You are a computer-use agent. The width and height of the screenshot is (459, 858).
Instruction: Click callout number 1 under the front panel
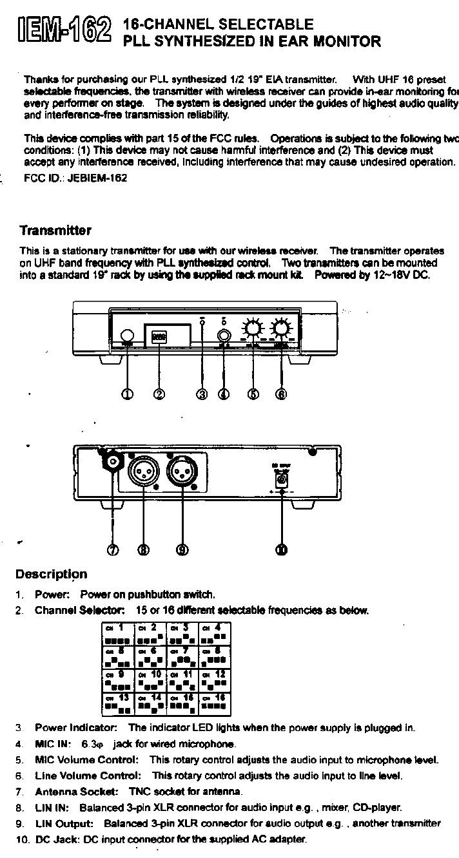pyautogui.click(x=128, y=394)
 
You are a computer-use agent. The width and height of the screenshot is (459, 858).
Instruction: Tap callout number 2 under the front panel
pyautogui.click(x=159, y=394)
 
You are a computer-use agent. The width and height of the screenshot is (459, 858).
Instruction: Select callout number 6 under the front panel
pyautogui.click(x=281, y=394)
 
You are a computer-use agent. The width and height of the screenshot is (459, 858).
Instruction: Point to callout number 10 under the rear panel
pyautogui.click(x=282, y=549)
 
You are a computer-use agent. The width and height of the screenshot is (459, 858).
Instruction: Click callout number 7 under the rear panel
pyautogui.click(x=113, y=549)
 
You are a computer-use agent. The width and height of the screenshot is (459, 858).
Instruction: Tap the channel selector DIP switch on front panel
pyautogui.click(x=159, y=336)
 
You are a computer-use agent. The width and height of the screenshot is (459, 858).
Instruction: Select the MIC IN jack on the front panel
pyautogui.click(x=224, y=336)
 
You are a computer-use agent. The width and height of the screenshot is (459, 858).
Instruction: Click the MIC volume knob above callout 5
pyautogui.click(x=253, y=329)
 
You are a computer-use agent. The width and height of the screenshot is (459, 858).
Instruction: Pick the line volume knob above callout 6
pyautogui.click(x=281, y=329)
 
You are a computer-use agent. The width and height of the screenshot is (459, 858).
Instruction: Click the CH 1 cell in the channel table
pyautogui.click(x=118, y=634)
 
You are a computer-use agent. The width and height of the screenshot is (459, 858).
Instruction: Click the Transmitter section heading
pyautogui.click(x=55, y=231)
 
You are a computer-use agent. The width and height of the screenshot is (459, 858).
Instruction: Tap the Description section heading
pyautogui.click(x=51, y=574)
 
